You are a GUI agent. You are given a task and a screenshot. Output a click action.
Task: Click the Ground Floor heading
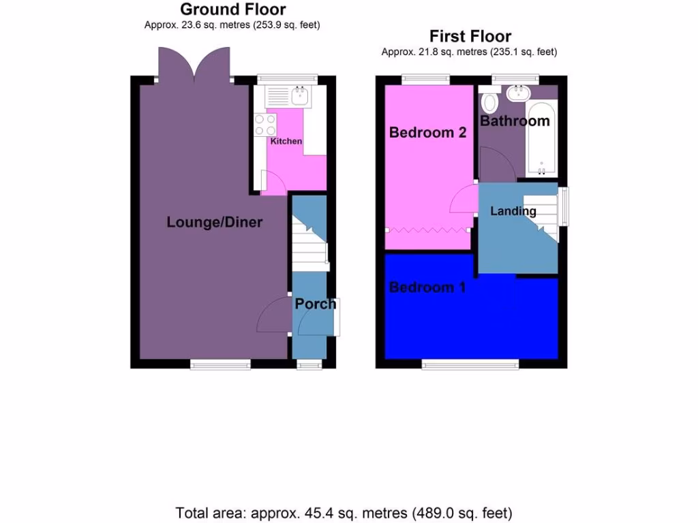tap(232, 10)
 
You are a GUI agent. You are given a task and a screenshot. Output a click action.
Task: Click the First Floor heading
tap(470, 36)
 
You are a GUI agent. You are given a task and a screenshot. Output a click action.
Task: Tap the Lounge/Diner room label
tap(214, 222)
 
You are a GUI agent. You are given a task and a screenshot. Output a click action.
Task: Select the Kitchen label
tap(286, 141)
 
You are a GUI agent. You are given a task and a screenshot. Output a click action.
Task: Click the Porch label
tap(315, 304)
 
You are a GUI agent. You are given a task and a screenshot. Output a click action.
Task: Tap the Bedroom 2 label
tap(427, 132)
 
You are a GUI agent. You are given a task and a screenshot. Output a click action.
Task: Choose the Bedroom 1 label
tap(427, 287)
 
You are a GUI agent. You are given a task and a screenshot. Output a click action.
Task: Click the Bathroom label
tap(515, 121)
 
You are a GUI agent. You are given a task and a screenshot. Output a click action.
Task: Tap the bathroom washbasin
tap(521, 92)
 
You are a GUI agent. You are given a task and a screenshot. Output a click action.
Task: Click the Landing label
tap(513, 211)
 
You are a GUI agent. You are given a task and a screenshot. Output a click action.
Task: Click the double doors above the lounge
tap(194, 63)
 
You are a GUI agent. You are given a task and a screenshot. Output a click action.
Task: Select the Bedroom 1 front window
tap(470, 365)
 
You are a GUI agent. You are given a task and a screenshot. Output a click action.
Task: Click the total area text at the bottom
tap(344, 512)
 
